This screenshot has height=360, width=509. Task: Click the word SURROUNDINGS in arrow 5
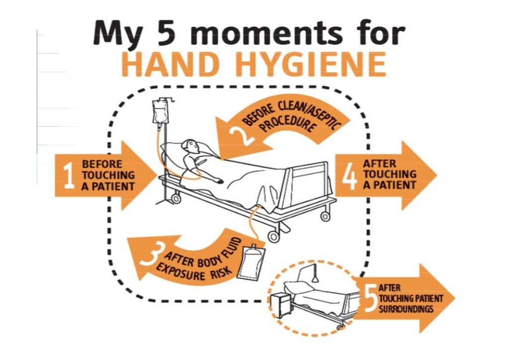click(406, 308)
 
